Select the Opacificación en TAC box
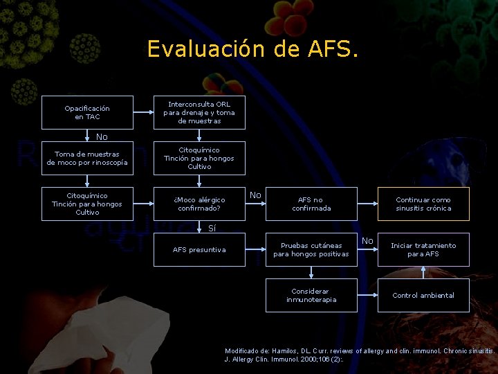[87, 112]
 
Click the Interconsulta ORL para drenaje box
[199, 112]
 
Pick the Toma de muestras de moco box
[87, 158]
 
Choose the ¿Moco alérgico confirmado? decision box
[199, 204]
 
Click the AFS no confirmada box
[311, 204]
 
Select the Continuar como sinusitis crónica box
[423, 204]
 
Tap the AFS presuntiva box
[199, 249]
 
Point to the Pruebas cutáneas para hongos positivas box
[311, 249]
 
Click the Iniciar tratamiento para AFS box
[423, 249]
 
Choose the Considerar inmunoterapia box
[311, 295]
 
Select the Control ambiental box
[423, 295]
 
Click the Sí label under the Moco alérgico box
[212, 228]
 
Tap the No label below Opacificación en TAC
[102, 136]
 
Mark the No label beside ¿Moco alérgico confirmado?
[255, 195]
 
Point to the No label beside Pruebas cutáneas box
[367, 241]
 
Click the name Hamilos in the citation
[284, 351]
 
